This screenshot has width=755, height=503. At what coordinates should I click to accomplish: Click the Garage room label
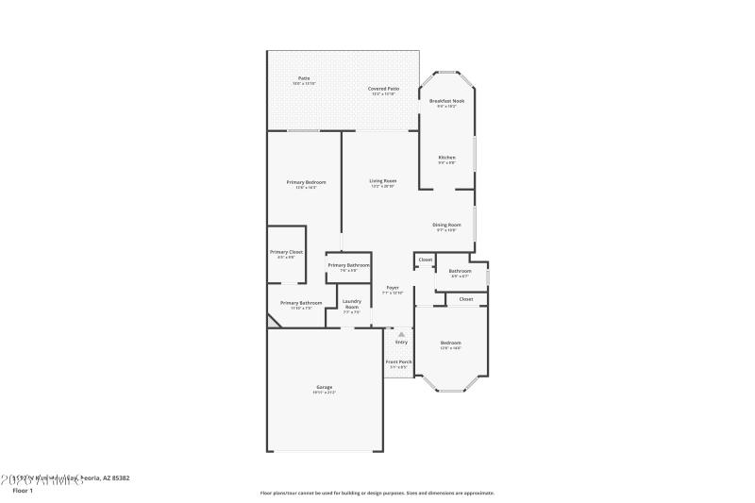click(x=324, y=387)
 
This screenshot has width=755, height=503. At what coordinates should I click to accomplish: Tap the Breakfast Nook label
click(x=446, y=101)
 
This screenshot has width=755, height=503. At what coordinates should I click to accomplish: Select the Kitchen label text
click(x=446, y=158)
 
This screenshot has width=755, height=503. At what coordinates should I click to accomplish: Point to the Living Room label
click(x=382, y=181)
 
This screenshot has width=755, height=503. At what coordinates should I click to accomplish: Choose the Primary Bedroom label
click(x=307, y=182)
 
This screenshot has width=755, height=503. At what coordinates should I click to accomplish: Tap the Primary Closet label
click(x=286, y=253)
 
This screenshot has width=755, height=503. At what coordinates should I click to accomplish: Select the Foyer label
click(x=393, y=288)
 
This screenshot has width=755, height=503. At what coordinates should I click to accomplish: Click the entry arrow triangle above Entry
click(x=401, y=334)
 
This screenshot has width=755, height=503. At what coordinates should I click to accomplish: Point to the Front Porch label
click(x=398, y=362)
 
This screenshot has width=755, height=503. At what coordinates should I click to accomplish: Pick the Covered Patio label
click(x=383, y=89)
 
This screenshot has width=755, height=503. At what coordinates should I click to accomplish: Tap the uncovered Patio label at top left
click(x=304, y=78)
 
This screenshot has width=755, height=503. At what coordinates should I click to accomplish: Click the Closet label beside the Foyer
click(x=426, y=260)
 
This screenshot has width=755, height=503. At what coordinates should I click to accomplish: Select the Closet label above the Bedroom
click(x=465, y=299)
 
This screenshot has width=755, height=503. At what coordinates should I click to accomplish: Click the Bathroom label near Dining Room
click(x=460, y=272)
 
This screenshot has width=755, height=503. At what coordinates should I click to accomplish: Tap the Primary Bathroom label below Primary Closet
click(x=301, y=303)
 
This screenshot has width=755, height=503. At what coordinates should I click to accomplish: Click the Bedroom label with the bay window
click(x=450, y=343)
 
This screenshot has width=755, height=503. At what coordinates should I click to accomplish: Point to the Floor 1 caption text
click(x=22, y=491)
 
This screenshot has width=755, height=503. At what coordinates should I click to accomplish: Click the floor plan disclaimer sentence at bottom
click(x=377, y=493)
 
